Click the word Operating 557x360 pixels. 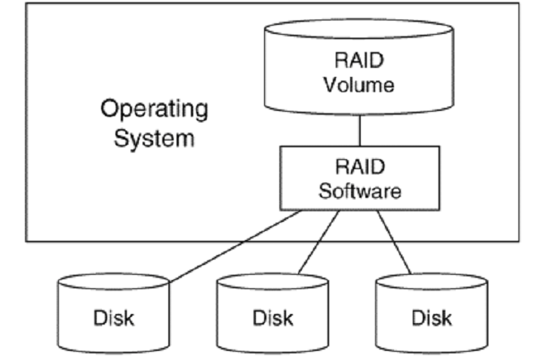pos(154,109)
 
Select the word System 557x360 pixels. pos(154,139)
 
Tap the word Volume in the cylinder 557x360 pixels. pos(359,85)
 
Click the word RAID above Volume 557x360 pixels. pos(359,60)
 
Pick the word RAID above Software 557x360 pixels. pos(359,166)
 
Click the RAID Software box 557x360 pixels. pos(359,178)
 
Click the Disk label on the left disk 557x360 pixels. pos(113,318)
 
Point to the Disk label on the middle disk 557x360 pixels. pos(272,318)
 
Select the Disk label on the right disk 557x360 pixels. pos(431,318)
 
